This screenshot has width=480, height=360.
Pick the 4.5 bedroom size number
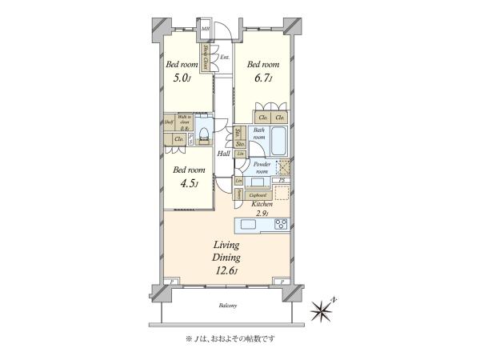click(x=190, y=182)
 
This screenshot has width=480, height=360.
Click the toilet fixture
click(x=204, y=132)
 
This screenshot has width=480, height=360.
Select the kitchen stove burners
click(x=281, y=225)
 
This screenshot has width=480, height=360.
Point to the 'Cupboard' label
click(x=258, y=194)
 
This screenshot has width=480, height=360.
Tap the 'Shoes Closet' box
click(x=205, y=58)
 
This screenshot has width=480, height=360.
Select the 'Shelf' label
click(x=169, y=122)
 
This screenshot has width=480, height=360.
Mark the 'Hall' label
click(x=223, y=153)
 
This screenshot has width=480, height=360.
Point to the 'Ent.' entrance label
click(x=225, y=57)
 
